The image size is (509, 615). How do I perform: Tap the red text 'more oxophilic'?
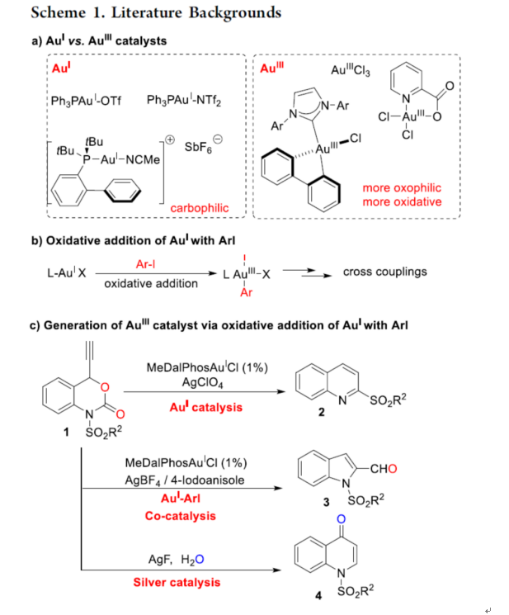click(402, 188)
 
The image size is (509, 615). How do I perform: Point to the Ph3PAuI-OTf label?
click(86, 101)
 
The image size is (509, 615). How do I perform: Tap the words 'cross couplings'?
click(385, 272)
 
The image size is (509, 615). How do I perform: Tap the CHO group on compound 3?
click(385, 470)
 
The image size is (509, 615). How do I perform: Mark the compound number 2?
click(321, 414)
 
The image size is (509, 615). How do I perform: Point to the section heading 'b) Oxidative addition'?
click(131, 241)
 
